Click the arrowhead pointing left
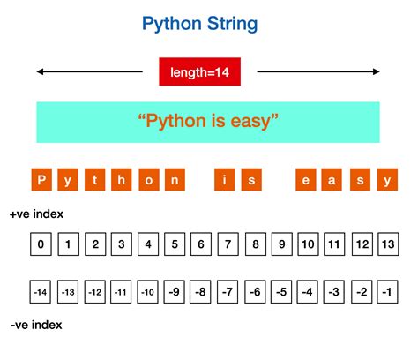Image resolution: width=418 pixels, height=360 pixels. tap(41, 71)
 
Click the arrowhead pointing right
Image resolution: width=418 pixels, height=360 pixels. tap(377, 71)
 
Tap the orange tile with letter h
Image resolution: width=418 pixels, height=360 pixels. tap(122, 180)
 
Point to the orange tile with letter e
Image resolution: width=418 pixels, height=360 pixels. tap(307, 180)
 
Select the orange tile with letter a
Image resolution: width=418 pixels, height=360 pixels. tap(333, 180)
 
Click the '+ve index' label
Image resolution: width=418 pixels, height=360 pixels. tap(36, 214)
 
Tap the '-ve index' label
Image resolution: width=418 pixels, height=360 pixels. tap(36, 326)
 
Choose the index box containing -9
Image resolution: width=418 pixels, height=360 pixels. tap(175, 290)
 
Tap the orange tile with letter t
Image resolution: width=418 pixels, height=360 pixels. tap(95, 180)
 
